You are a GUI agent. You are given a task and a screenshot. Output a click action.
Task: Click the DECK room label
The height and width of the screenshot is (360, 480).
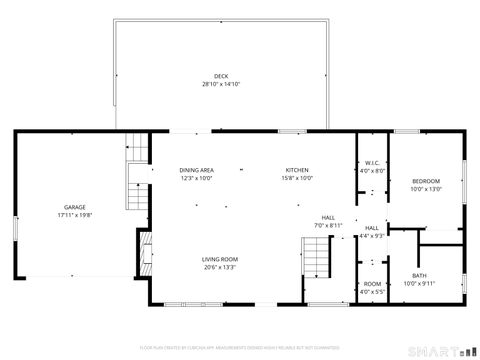click(220, 76)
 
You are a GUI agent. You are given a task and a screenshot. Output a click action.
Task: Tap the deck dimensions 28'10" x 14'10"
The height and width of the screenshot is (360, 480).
click(220, 84)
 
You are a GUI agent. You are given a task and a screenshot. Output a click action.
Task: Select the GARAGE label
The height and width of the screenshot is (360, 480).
click(75, 207)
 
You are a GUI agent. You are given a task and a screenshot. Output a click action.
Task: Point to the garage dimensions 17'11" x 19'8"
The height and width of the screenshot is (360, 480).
click(75, 215)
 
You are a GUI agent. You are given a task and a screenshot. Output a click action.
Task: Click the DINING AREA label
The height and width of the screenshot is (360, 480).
click(196, 170)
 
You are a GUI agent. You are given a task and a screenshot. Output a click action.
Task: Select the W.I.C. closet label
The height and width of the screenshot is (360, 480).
click(371, 163)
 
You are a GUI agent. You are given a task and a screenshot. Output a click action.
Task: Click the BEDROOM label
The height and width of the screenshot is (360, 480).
click(425, 180)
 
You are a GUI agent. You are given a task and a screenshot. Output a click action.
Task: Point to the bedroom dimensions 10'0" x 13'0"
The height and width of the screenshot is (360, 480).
click(425, 188)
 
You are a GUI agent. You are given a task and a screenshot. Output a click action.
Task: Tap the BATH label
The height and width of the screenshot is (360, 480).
click(418, 275)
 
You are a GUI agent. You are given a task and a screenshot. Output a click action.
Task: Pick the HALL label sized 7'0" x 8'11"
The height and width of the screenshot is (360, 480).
click(328, 217)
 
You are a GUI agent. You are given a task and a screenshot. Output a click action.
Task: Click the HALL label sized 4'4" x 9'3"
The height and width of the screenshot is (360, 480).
click(372, 228)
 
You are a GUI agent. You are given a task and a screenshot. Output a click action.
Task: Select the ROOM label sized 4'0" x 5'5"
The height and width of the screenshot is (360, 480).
click(372, 284)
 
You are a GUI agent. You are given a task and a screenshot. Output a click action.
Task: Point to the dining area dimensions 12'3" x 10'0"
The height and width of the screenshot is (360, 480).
click(196, 178)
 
